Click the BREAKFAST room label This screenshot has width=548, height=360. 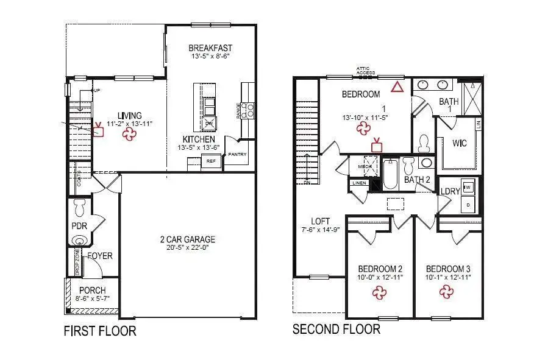pos(210,48)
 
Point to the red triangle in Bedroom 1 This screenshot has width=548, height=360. pos(397,87)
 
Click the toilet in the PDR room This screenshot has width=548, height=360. pos(79,206)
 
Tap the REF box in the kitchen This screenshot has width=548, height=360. pos(211,162)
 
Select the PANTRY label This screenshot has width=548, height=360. pos(237,155)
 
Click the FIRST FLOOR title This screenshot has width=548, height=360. pos(100,331)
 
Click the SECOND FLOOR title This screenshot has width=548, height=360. pos(336,330)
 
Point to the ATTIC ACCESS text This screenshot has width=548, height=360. pos(366,71)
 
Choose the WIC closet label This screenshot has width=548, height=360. pos(460,144)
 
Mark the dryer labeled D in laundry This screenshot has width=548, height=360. pos(468,205)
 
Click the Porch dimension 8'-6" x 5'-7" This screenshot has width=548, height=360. pos(92,299)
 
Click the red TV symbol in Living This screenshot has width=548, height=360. pos(98,130)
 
